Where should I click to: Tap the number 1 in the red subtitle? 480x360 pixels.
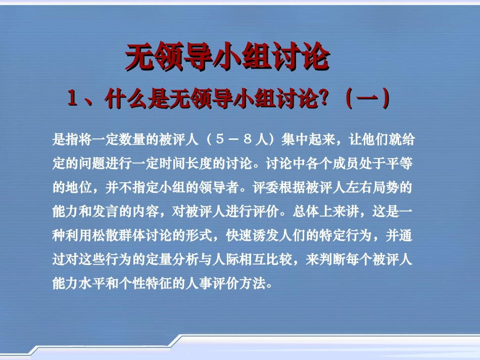pyautogui.click(x=72, y=99)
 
